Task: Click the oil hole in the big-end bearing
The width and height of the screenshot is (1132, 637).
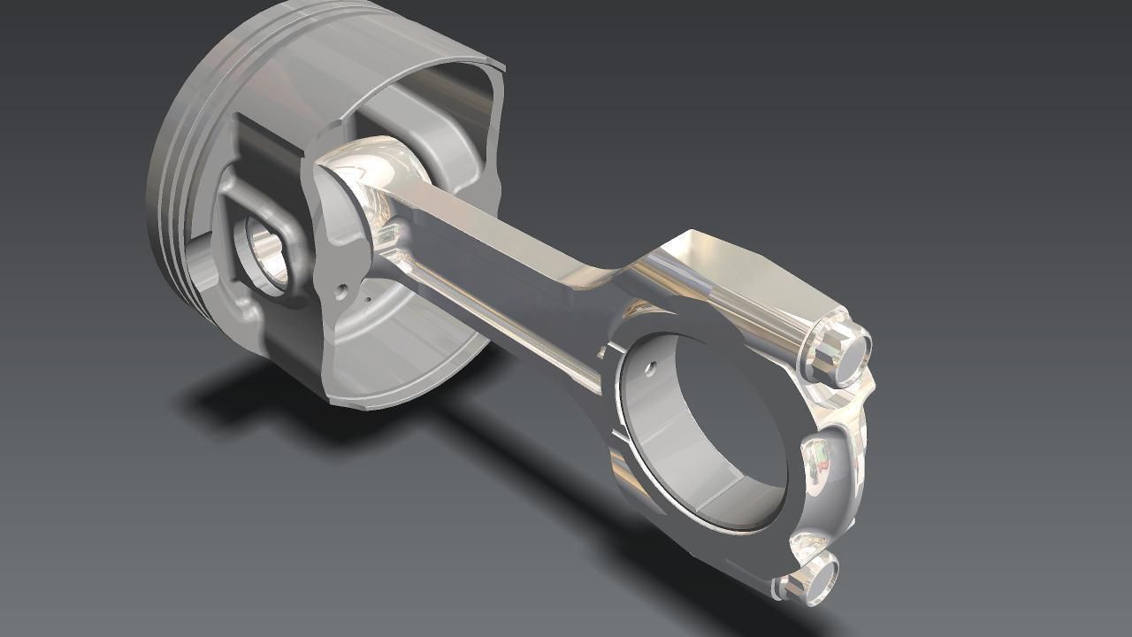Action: coord(652,364)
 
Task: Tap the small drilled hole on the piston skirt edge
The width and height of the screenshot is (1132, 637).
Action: coord(340,288)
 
